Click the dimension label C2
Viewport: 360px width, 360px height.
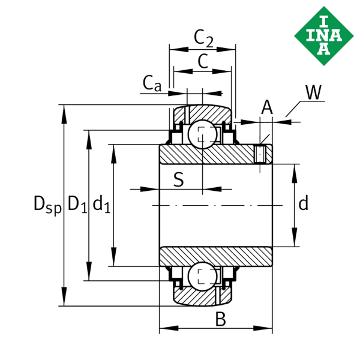203,38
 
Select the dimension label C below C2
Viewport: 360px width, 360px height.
203,60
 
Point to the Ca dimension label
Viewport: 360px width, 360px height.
152,83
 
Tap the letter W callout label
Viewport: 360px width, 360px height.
313,93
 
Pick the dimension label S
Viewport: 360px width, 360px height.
178,179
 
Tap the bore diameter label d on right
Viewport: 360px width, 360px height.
304,204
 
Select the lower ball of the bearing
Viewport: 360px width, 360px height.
202,276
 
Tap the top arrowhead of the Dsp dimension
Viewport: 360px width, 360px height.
63,111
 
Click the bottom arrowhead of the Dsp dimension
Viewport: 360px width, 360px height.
63,300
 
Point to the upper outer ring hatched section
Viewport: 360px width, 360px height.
210,113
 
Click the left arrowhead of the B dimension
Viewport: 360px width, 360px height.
165,328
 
